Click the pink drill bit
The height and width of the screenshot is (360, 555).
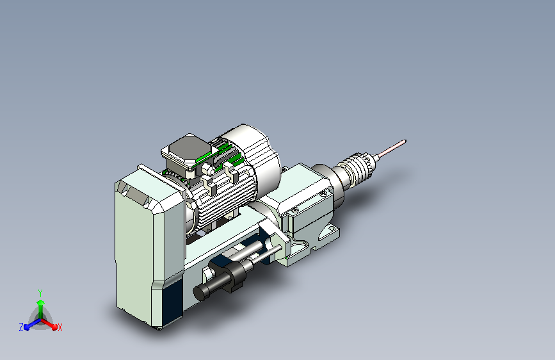click(392, 149)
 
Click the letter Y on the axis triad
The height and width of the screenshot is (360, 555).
click(40, 293)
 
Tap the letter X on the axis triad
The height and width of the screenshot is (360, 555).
click(60, 328)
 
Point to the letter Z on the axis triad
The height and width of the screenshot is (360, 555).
click(21, 327)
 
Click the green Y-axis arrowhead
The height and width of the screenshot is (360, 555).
click(41, 303)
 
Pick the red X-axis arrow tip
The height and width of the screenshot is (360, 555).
click(54, 327)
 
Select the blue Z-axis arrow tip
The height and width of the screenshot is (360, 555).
click(26, 327)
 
